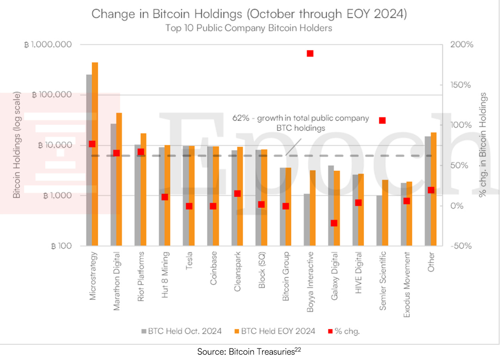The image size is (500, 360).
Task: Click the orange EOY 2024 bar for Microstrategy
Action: pos(95,154)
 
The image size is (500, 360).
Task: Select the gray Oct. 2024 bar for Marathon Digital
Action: pos(114,184)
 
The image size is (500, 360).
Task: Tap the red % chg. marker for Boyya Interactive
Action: pos(310,53)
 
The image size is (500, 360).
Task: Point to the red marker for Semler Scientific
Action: pos(382,120)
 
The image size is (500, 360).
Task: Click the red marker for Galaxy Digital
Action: pos(334,223)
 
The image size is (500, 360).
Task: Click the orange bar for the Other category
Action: pos(433,189)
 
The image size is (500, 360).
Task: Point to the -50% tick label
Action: pos(461,246)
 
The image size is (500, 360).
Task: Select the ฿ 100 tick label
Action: pos(61,246)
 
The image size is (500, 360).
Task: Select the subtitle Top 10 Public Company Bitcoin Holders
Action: pos(248,28)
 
